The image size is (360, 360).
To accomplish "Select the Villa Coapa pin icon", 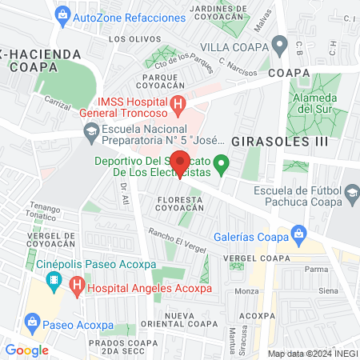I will tap(280, 46).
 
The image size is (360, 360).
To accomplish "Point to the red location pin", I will tap(181, 162).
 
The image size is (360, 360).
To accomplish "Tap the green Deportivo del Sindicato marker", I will tap(225, 165).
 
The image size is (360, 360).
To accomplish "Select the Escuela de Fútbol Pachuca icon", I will tap(350, 191).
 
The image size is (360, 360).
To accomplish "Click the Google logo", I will tap(26, 350).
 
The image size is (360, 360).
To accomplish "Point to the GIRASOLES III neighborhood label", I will tap(269, 141).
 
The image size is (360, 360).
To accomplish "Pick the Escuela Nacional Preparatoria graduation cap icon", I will tap(90, 131).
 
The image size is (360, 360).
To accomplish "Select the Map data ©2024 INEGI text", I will tap(312, 354).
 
